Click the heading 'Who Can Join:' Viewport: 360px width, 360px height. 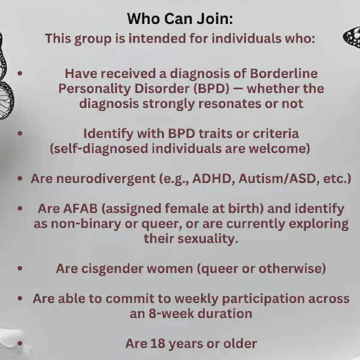[180, 19]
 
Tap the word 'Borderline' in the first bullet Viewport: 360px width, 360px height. [284, 74]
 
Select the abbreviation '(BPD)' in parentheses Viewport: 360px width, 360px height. [211, 89]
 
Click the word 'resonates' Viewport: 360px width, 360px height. [230, 104]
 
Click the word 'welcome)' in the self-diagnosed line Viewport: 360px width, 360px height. [280, 149]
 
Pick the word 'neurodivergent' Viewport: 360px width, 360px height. [106, 179]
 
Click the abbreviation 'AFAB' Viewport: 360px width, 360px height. [80, 208]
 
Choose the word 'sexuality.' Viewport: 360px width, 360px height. [208, 239]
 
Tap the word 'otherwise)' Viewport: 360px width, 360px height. [292, 268]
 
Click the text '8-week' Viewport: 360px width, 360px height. [171, 313]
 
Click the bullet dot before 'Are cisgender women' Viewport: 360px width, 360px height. [20, 268]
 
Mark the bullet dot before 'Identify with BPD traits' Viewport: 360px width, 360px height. [20, 133]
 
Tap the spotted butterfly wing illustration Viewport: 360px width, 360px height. [352, 37]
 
